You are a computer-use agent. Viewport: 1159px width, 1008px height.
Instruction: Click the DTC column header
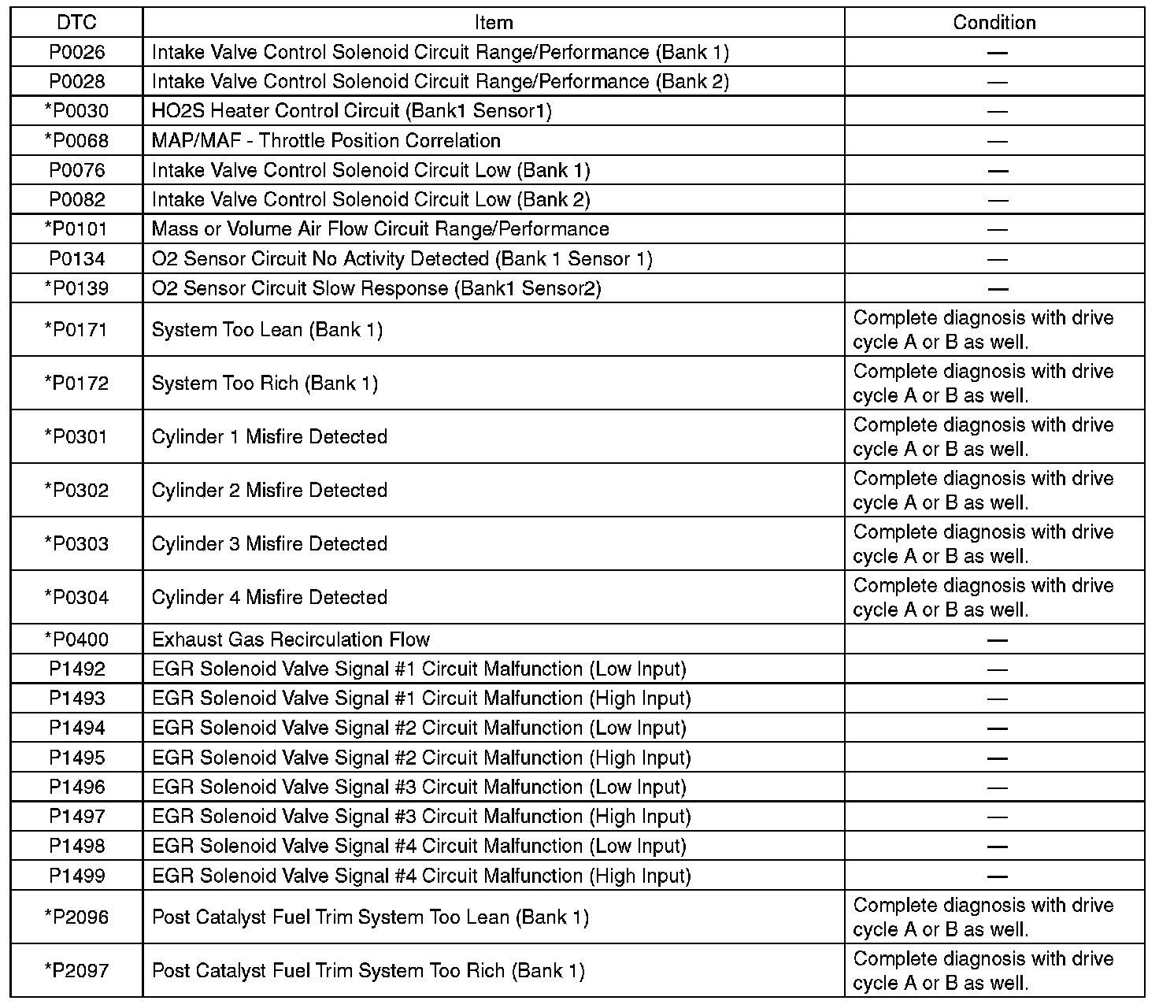(x=76, y=23)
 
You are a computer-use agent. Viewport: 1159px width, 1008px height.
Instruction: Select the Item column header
(x=494, y=23)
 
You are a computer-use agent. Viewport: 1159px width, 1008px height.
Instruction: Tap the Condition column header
(x=994, y=23)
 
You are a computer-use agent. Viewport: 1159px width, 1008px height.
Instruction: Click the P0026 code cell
(x=76, y=53)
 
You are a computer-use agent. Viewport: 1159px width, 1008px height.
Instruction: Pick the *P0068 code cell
(x=76, y=141)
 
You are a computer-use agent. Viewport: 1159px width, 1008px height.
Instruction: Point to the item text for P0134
(x=402, y=259)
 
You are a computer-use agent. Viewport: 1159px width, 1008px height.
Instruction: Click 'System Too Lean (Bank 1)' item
(x=267, y=330)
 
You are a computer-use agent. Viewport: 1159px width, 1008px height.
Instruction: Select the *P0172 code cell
(x=76, y=384)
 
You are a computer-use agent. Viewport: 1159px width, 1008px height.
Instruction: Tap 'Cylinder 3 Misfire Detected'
(x=269, y=544)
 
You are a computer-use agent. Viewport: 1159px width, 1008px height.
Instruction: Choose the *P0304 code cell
(x=76, y=598)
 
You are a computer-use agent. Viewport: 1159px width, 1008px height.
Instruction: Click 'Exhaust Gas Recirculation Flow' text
(x=291, y=639)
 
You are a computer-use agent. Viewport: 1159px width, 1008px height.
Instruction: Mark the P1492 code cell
(x=76, y=669)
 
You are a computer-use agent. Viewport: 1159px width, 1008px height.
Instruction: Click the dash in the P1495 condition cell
(x=997, y=758)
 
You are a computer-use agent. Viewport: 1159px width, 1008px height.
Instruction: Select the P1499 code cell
(x=76, y=876)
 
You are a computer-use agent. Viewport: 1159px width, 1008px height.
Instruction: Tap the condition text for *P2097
(x=983, y=971)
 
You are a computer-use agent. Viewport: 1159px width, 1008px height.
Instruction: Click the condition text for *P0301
(x=983, y=437)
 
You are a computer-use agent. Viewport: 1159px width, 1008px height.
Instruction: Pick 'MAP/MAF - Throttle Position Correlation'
(x=326, y=141)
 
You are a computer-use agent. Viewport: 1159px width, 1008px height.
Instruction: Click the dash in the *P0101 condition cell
(x=997, y=230)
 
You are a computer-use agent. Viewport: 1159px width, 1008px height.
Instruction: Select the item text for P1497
(x=421, y=817)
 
